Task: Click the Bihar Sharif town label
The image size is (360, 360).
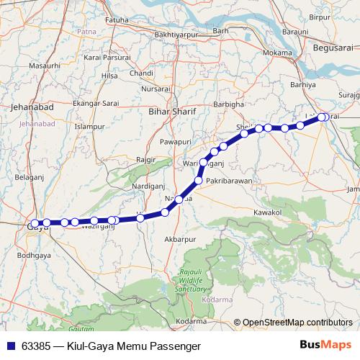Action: click(x=171, y=112)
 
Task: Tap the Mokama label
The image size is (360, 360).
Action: click(x=277, y=53)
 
